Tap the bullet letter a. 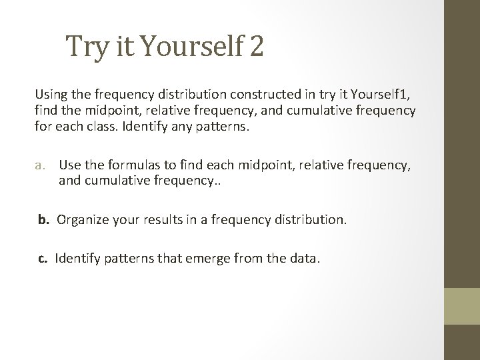pos(41,165)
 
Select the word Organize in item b pos(82,219)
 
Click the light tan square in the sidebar pos(462,306)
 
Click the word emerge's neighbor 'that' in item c pos(183,258)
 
